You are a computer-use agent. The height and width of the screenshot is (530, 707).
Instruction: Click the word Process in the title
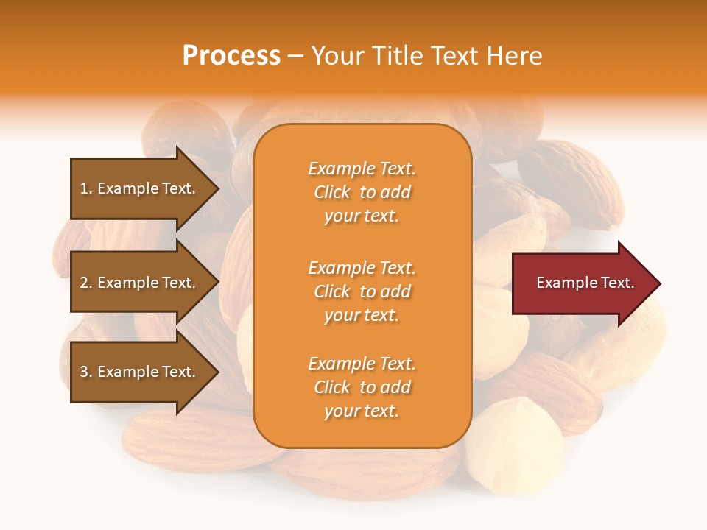pos(231,56)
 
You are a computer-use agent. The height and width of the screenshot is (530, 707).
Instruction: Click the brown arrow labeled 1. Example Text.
pos(140,188)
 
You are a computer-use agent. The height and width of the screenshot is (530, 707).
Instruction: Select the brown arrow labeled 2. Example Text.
pos(140,283)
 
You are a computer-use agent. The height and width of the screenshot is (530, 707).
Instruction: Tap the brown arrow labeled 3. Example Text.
pos(140,372)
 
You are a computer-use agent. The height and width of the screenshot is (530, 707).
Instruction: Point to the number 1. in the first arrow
pos(86,189)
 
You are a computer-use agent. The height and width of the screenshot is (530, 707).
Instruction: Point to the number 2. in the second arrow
pos(86,283)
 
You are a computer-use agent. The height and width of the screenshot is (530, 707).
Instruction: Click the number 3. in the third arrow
pos(86,372)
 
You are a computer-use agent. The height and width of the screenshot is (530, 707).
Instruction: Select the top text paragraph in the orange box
pos(362,192)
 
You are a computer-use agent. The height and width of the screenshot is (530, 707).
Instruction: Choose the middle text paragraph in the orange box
pos(362,291)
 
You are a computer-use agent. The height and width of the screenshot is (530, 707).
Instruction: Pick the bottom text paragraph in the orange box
pos(362,387)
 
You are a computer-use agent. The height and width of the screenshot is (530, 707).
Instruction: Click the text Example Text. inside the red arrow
pos(585,283)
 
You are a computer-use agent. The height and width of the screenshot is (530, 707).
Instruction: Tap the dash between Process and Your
pos(295,56)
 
